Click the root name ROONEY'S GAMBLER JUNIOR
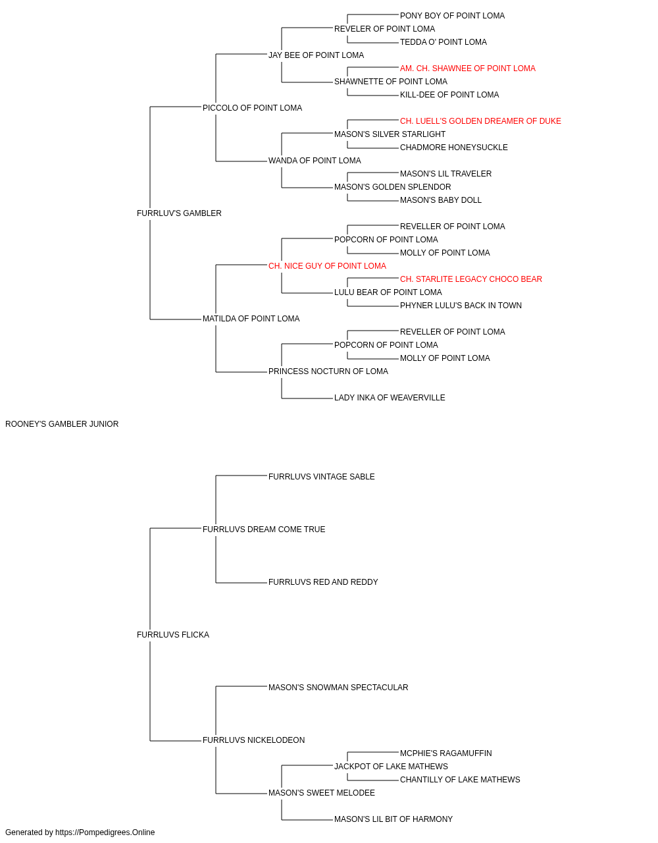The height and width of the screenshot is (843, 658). click(62, 424)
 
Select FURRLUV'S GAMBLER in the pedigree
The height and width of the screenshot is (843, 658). click(179, 213)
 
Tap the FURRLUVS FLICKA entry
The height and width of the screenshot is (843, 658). click(173, 635)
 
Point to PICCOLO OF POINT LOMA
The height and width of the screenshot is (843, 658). click(252, 108)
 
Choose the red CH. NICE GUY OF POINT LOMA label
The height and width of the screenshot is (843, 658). click(328, 266)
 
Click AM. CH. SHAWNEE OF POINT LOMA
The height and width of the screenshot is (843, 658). click(468, 68)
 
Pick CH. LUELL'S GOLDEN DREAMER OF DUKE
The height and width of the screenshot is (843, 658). click(480, 121)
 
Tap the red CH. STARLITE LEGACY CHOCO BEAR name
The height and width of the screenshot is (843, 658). click(471, 279)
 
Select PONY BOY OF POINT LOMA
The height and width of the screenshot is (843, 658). click(452, 16)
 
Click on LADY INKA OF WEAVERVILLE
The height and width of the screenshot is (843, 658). click(390, 398)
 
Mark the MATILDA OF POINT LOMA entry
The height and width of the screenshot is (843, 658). click(251, 319)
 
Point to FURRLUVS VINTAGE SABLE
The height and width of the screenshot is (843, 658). click(322, 477)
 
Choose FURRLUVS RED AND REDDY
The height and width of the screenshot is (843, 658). click(323, 582)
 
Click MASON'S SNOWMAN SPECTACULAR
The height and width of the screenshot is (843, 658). click(338, 688)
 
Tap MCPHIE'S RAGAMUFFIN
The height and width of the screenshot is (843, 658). click(445, 753)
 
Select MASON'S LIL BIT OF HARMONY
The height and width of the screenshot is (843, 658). click(393, 819)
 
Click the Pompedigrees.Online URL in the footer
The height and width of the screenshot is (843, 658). click(105, 832)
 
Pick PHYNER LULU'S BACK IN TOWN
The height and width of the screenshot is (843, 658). click(461, 306)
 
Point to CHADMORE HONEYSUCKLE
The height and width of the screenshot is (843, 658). click(454, 148)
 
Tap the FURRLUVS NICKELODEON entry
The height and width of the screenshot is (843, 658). click(254, 740)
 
